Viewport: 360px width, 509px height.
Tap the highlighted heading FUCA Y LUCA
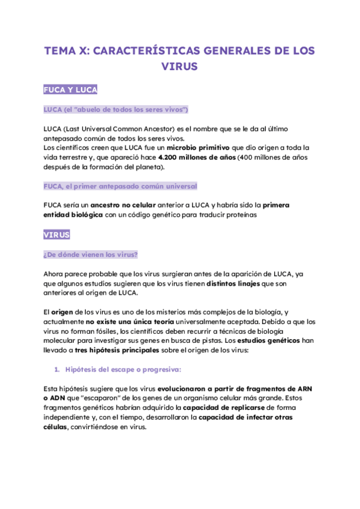pos(70,90)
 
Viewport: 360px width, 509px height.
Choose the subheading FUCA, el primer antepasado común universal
pos(120,186)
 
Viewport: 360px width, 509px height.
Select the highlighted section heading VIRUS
pos(56,235)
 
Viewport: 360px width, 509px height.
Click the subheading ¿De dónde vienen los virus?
pos(91,254)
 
